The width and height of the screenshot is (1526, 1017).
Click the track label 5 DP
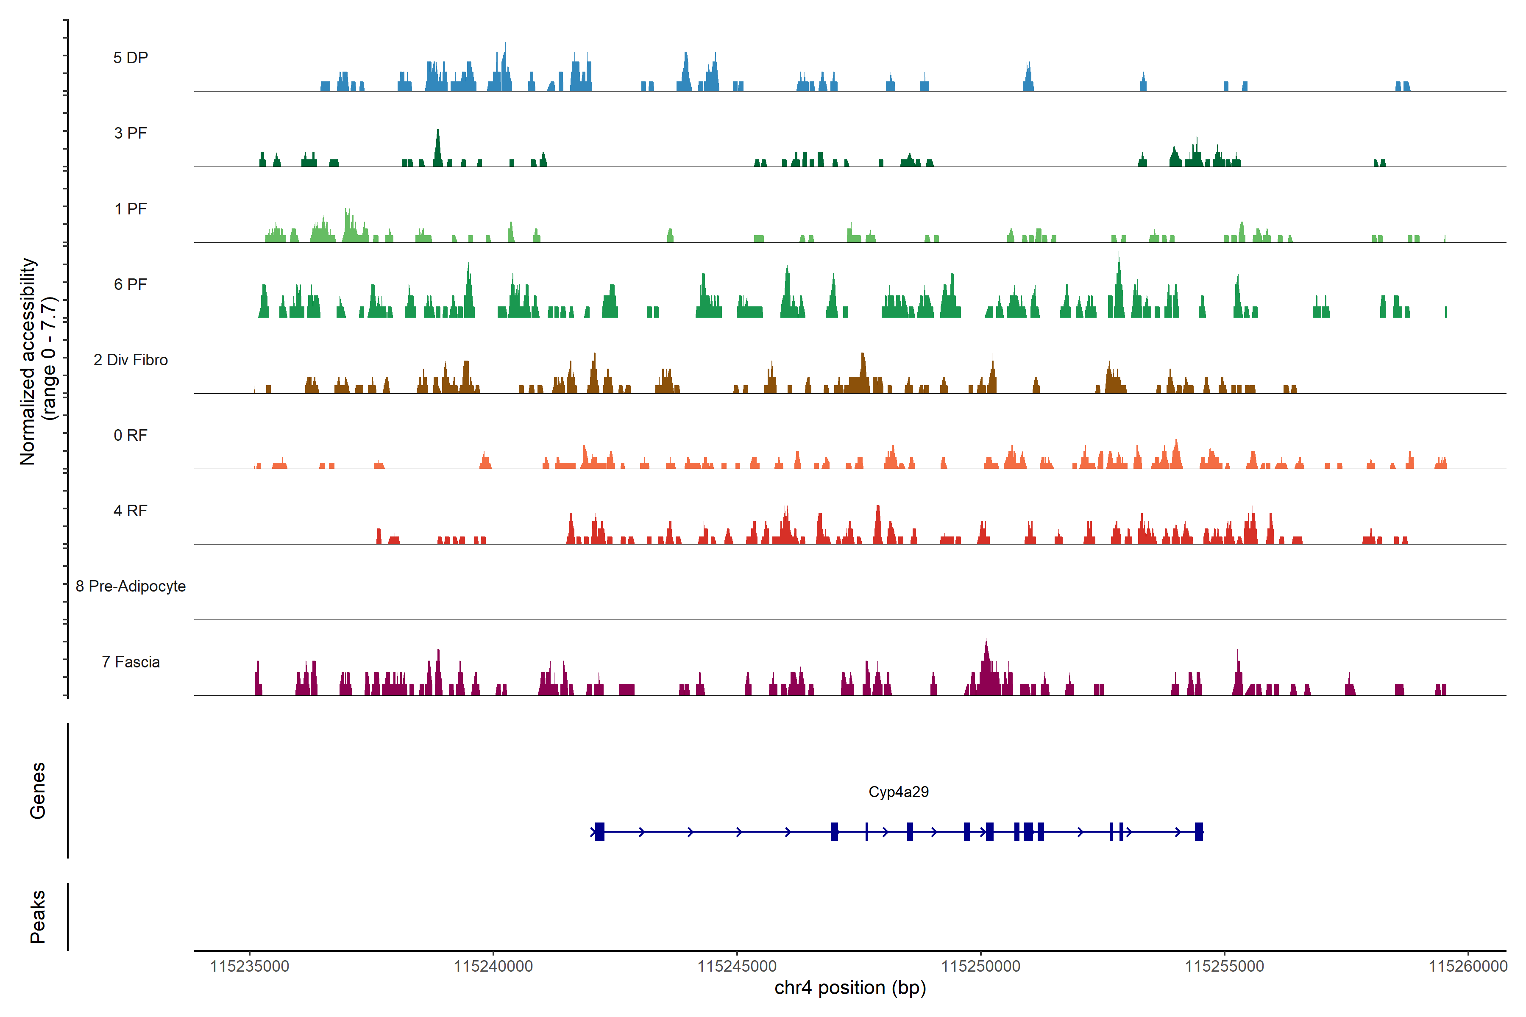(131, 58)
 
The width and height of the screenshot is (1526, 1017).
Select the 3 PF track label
(131, 133)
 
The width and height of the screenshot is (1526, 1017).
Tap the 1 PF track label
(131, 209)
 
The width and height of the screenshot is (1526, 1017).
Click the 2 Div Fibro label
(131, 360)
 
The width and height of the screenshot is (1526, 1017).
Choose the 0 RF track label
(131, 435)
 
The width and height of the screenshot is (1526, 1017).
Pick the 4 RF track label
(131, 511)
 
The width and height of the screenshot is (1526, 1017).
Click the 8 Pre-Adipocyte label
(131, 586)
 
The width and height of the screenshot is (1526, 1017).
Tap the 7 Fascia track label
(131, 661)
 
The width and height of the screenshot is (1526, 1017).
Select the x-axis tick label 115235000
(250, 967)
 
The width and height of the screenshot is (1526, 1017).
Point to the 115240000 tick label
(493, 967)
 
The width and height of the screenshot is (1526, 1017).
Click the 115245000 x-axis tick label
(737, 967)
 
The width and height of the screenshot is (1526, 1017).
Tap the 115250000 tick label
(981, 967)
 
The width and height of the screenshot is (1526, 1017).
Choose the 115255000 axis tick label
(1224, 967)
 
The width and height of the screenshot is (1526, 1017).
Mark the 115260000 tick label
(1468, 967)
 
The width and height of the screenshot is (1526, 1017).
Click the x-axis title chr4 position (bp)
(850, 988)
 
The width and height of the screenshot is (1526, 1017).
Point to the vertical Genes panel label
(38, 791)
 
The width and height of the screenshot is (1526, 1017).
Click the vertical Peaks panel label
(38, 917)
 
